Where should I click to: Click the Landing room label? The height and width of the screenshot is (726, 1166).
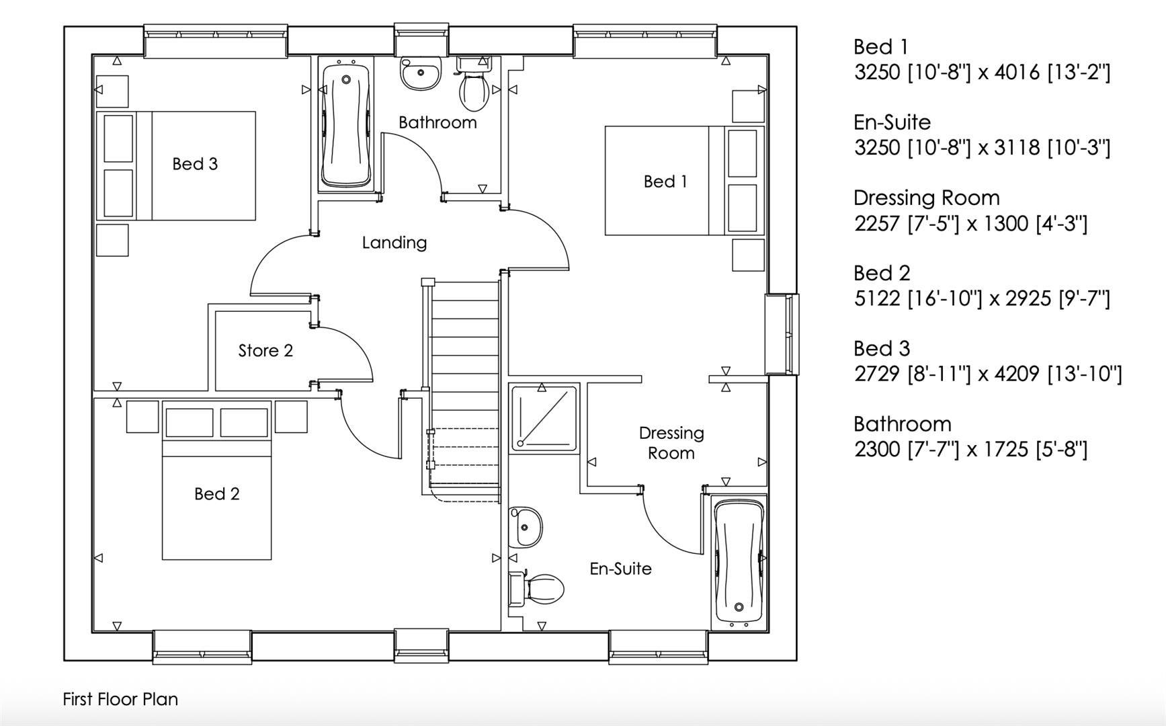tap(394, 243)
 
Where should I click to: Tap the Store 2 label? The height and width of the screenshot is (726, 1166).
tap(265, 351)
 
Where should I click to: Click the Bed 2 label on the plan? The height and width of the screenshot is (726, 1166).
tap(216, 494)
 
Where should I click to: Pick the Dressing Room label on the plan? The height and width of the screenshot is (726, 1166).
tap(671, 443)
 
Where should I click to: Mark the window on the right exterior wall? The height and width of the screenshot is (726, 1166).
tap(784, 334)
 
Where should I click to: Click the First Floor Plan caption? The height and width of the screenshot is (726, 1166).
tap(120, 699)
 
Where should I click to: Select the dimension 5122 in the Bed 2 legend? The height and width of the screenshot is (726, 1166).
tap(876, 298)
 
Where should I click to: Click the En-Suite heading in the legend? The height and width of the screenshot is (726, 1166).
tap(892, 122)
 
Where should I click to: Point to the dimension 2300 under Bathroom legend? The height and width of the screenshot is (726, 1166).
tap(876, 449)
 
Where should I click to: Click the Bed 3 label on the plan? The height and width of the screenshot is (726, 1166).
tap(195, 164)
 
